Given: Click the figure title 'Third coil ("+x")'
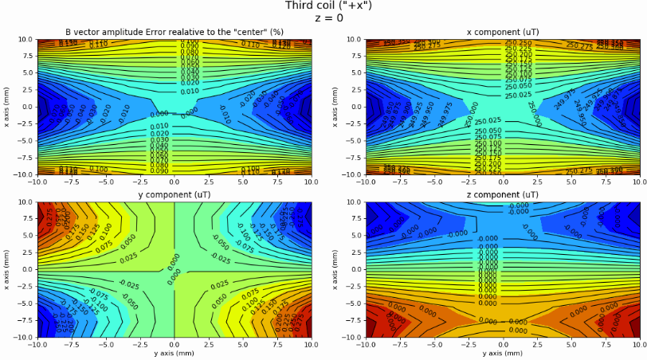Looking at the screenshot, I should [328, 6].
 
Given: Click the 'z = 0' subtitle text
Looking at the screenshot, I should [328, 18].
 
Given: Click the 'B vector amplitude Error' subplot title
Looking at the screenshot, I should [174, 32].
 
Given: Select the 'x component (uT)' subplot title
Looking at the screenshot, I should [502, 32].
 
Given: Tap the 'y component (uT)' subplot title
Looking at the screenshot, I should [174, 194].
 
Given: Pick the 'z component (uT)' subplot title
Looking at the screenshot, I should [502, 194].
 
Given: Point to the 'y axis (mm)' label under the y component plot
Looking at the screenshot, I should [174, 353].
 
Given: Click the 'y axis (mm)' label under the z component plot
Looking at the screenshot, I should [502, 353].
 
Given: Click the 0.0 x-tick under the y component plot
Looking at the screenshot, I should [174, 345].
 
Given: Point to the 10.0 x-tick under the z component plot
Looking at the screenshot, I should [639, 345].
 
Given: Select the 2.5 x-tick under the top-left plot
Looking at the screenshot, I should [209, 182].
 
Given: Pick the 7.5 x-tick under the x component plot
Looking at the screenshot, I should [605, 182].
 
